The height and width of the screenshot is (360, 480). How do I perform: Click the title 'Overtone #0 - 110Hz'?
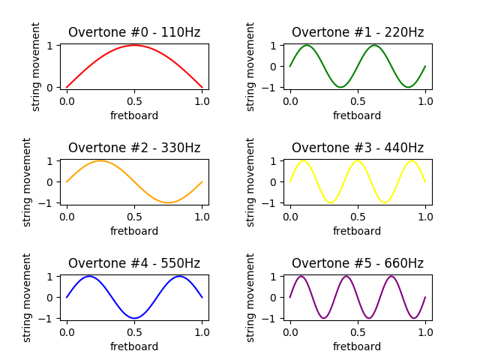(134, 32)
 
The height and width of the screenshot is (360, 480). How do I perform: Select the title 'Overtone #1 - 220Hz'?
(358, 32)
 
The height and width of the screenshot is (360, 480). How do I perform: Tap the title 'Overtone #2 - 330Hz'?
(134, 148)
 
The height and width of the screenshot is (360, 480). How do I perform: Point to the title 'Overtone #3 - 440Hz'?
(358, 148)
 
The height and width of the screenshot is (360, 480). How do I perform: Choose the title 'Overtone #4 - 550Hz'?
(134, 263)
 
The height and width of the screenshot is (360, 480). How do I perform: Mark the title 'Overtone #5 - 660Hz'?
(358, 263)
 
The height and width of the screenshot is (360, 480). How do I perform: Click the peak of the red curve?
(134, 45)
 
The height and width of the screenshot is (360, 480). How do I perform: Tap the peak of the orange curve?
(100, 160)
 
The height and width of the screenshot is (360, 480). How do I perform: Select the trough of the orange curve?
(168, 202)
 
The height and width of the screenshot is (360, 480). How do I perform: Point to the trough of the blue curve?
(134, 318)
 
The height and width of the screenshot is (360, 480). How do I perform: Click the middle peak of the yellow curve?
(358, 160)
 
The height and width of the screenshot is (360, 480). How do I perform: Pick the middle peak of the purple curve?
(346, 276)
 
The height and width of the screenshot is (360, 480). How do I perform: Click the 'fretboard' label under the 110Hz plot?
(134, 115)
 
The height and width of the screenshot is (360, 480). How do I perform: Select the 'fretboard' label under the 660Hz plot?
(358, 346)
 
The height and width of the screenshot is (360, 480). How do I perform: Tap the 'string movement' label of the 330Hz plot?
(28, 181)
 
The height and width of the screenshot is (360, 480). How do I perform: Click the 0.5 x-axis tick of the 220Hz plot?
(358, 100)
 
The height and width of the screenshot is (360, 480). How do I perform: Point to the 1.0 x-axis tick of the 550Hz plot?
(202, 331)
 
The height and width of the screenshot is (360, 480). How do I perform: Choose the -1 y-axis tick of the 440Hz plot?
(274, 202)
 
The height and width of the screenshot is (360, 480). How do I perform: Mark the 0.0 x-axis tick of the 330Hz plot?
(67, 216)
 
